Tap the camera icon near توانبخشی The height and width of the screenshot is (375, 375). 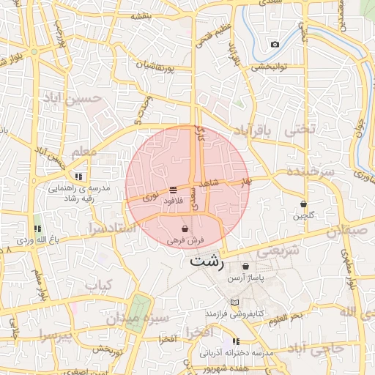(275, 45)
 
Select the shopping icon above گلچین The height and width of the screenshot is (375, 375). (303, 204)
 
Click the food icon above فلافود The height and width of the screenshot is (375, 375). (173, 190)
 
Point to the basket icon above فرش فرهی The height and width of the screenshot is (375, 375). (184, 229)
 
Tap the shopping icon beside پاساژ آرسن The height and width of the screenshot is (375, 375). (245, 266)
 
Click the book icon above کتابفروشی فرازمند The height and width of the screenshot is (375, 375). (234, 302)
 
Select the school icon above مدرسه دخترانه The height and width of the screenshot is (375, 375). (236, 341)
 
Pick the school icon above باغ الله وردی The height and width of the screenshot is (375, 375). (37, 229)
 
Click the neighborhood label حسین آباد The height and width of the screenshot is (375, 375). (72, 97)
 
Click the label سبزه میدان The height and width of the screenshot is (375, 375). (138, 319)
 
